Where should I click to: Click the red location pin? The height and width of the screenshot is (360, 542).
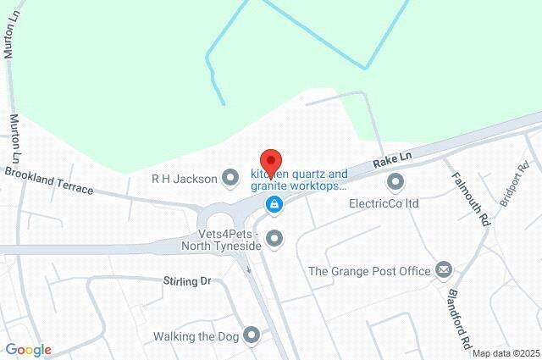270,161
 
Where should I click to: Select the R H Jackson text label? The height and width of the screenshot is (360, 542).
183,178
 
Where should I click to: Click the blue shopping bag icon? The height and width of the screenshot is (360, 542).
274,204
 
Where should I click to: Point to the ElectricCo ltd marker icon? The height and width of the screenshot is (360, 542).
395,181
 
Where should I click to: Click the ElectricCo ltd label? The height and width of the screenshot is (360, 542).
384,203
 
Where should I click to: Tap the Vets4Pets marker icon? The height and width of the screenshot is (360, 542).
274,240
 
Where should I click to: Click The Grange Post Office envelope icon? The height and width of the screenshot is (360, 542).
444,270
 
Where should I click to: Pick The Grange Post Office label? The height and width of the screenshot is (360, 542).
368,271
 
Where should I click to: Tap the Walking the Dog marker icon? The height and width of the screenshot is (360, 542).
252,336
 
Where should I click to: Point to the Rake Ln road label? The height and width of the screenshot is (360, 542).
392,158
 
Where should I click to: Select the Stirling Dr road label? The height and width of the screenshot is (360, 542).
186,280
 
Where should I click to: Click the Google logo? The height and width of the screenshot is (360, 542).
28,350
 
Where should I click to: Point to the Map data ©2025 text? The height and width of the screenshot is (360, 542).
506,353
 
